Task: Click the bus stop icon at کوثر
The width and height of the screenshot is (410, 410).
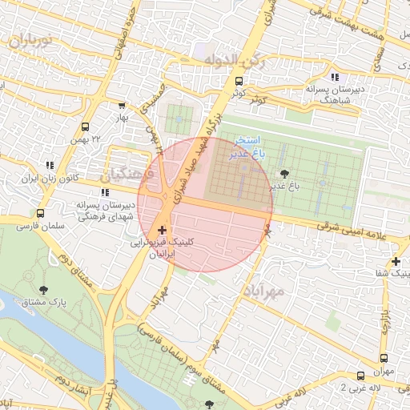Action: pyautogui.click(x=239, y=81)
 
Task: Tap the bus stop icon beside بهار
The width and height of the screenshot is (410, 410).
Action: pyautogui.click(x=122, y=105)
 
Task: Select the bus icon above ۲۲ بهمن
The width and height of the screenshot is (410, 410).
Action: pyautogui.click(x=86, y=126)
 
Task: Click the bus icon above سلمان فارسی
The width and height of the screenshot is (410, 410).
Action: pyautogui.click(x=40, y=213)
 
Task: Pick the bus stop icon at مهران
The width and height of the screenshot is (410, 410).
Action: pyautogui.click(x=384, y=358)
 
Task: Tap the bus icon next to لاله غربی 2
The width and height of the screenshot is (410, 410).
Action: pyautogui.click(x=360, y=375)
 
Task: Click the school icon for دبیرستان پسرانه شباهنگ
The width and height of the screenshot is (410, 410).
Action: pyautogui.click(x=335, y=78)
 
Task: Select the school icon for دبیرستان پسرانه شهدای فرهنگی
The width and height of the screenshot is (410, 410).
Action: pyautogui.click(x=105, y=191)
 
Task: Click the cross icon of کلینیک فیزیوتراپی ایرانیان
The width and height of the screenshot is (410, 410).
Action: pyautogui.click(x=163, y=229)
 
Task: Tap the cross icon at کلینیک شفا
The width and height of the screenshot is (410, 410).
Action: pyautogui.click(x=395, y=261)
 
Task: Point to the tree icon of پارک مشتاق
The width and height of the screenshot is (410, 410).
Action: pyautogui.click(x=42, y=289)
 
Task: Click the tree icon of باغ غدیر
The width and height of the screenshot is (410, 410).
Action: pyautogui.click(x=282, y=173)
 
